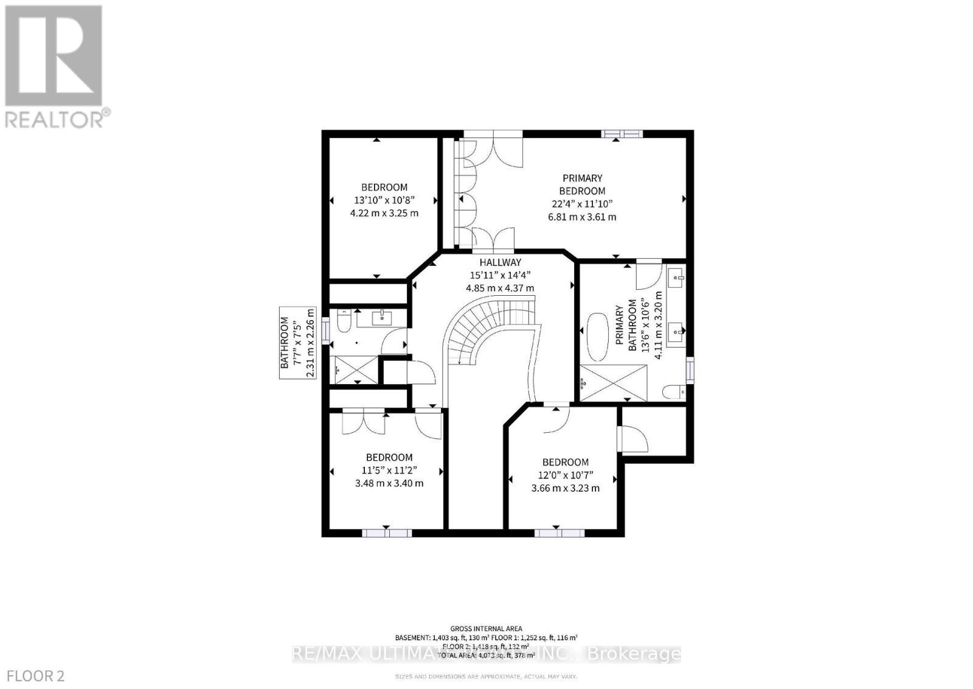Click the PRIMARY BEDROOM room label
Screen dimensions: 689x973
582,184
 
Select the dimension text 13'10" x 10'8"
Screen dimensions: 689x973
384,200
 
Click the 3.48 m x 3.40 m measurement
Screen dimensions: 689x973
389,483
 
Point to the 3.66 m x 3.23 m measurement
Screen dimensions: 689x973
565,488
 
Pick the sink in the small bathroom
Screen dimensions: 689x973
382,317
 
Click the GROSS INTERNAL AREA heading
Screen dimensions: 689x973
486,629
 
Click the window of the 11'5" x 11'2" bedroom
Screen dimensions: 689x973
387,533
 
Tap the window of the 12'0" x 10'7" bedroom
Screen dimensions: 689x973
559,533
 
